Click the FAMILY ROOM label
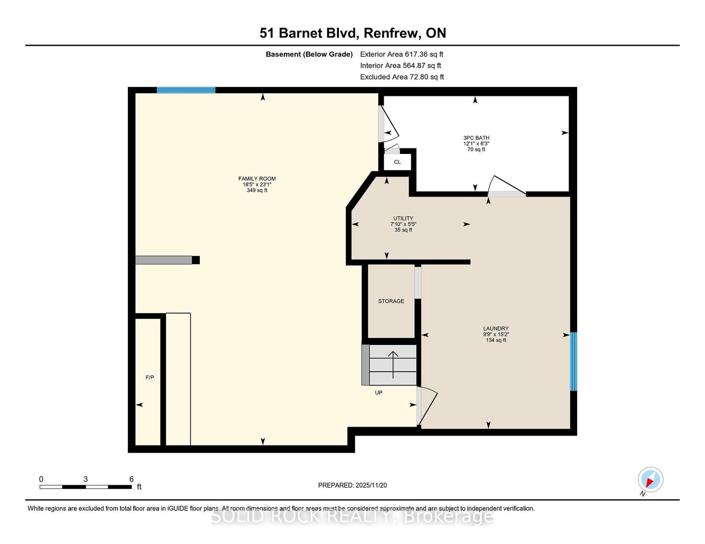point(257,178)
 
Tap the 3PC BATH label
point(476,138)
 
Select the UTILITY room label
point(403,218)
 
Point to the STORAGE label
point(391,301)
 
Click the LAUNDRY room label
point(496,329)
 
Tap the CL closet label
point(398,162)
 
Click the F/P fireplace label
point(149,377)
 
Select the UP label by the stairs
point(379,393)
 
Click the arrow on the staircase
point(393,365)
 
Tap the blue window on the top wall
point(186,90)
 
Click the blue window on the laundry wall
point(573,361)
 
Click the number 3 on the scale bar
point(86,479)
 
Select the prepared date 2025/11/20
point(371,485)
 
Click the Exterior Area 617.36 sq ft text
point(401,54)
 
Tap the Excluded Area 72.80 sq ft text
point(402,77)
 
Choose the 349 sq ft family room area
point(257,190)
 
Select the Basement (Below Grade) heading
point(309,54)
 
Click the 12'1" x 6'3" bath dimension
point(476,144)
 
